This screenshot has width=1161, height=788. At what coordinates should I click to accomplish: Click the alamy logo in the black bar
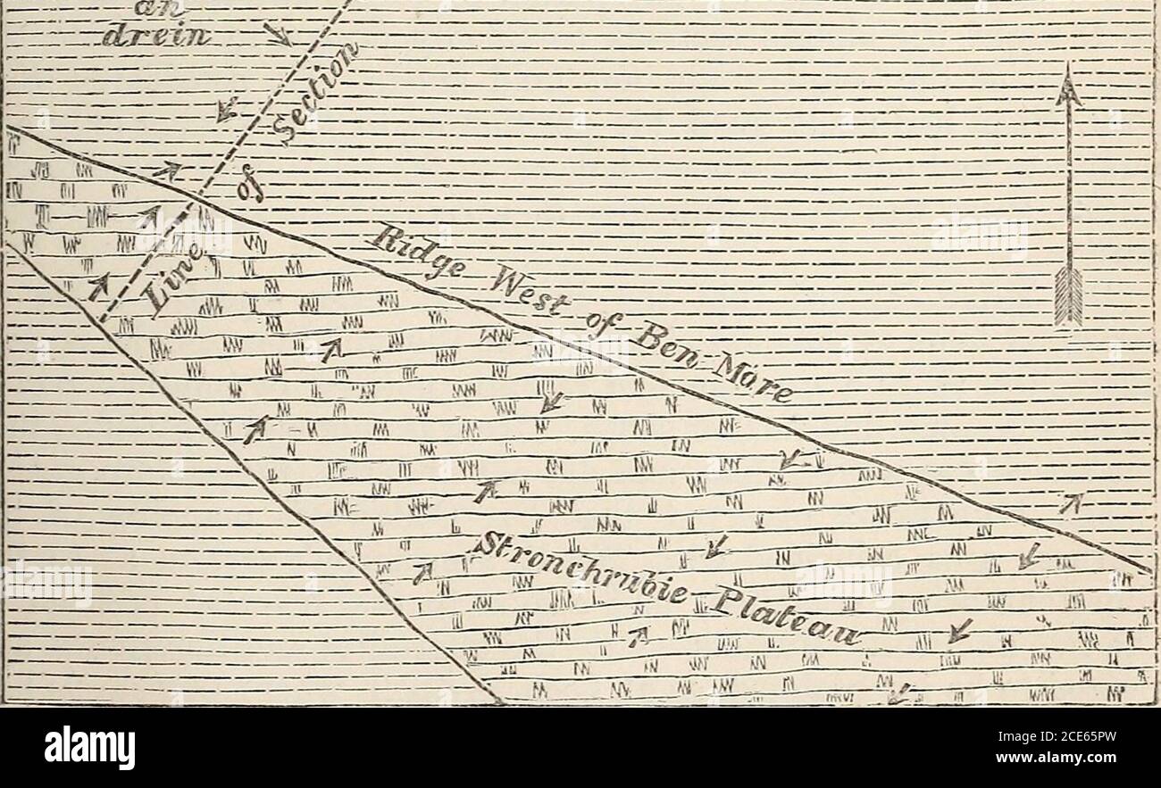tap(89, 748)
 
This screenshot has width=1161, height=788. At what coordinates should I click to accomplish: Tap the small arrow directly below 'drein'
tap(227, 108)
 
